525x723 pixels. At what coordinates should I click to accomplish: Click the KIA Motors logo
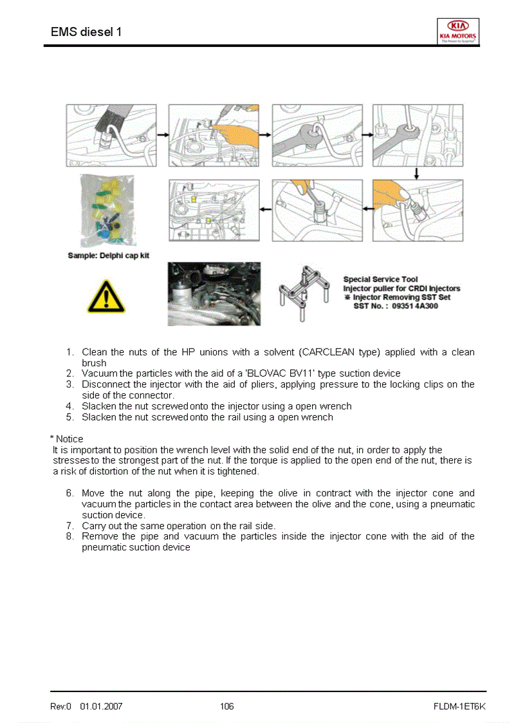457,30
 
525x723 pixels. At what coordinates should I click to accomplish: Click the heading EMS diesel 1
86,32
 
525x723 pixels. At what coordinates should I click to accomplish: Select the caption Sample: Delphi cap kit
108,256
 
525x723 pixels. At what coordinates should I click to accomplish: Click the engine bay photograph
214,294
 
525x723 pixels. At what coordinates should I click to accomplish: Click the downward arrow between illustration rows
417,173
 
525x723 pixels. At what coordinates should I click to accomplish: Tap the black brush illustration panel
111,135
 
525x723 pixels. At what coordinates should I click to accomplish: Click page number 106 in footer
226,706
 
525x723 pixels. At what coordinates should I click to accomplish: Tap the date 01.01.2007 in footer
101,706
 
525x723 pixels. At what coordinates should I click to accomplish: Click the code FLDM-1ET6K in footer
459,706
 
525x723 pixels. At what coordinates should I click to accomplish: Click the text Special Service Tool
380,279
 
